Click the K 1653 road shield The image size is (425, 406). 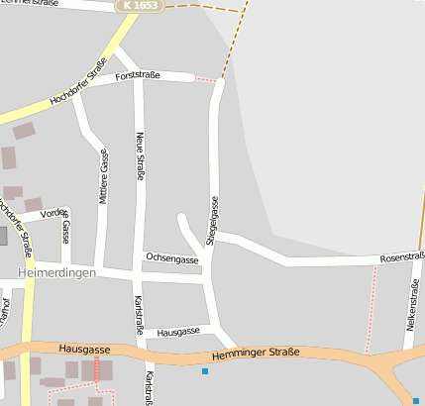143,6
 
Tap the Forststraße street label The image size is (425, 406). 137,75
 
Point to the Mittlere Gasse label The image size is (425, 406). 103,177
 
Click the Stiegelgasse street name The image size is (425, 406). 211,220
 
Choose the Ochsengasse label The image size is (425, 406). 172,258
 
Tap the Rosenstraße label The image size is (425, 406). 402,257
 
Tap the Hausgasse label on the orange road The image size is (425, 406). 83,349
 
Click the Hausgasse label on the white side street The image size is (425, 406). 178,331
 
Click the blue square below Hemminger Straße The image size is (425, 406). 205,371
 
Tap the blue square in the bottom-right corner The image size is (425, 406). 416,400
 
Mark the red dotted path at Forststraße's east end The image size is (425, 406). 204,78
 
